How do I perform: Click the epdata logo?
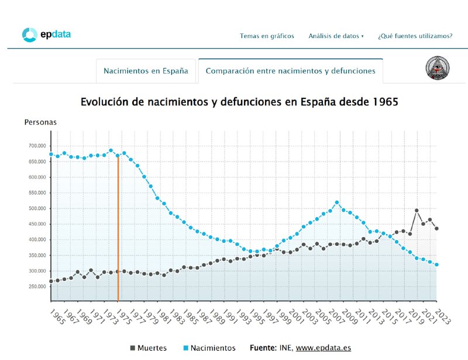46,35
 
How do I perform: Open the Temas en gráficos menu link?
267,36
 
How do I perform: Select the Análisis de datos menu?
336,36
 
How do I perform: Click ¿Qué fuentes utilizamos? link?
415,36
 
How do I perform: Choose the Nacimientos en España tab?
146,71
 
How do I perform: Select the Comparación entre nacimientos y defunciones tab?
290,71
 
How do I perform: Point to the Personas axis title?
40,122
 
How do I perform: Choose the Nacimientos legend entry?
209,348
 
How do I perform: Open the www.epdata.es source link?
323,348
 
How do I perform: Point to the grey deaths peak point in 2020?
417,210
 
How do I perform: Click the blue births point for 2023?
436,265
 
